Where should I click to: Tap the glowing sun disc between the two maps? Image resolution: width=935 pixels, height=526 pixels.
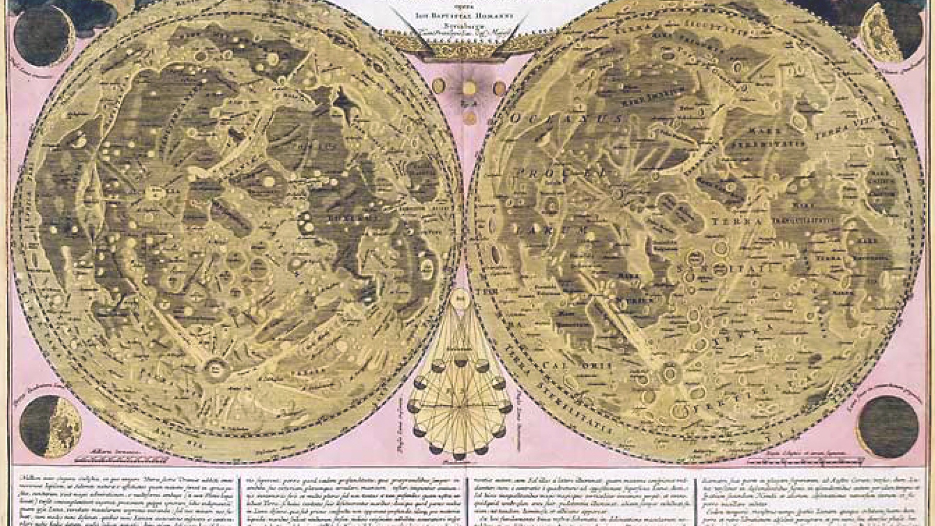(469, 88)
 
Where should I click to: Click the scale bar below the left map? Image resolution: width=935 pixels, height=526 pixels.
(124, 459)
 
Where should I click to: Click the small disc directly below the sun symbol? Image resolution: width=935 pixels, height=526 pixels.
(469, 117)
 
